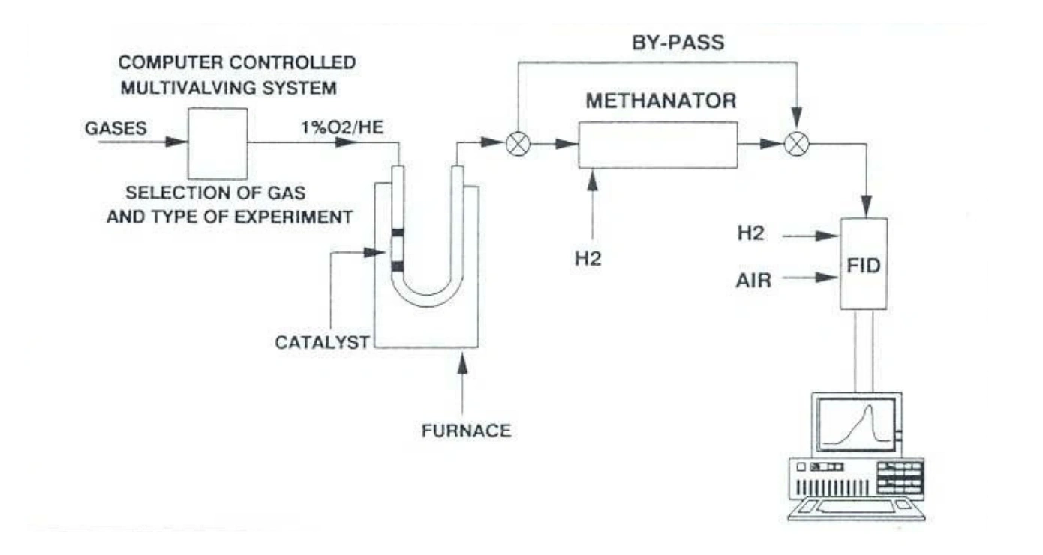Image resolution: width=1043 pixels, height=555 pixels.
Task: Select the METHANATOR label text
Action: pos(661,100)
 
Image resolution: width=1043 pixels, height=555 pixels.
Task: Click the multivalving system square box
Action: pos(218,142)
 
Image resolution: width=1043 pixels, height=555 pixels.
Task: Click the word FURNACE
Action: pos(466,430)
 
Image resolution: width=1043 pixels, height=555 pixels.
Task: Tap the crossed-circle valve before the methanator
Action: pos(517,145)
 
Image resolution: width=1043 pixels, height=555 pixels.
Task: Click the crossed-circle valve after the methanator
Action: pos(795,145)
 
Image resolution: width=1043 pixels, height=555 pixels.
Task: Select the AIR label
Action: pos(753,283)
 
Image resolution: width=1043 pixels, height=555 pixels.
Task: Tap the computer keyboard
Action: pos(855,508)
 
